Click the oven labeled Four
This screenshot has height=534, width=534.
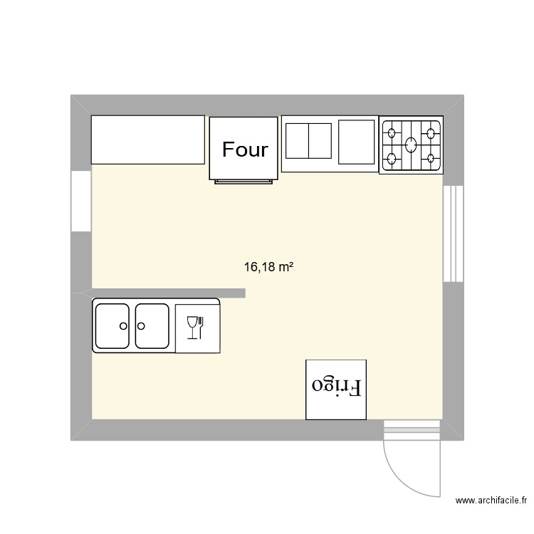click(x=244, y=148)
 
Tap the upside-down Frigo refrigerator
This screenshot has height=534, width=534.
click(x=336, y=389)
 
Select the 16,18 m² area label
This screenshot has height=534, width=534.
click(x=269, y=268)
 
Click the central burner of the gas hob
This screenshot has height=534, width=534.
click(x=411, y=145)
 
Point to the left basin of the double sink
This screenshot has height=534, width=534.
click(x=112, y=326)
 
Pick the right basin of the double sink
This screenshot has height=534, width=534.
click(x=152, y=326)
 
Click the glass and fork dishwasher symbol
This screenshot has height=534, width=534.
click(x=196, y=327)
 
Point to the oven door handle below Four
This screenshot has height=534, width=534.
click(x=244, y=182)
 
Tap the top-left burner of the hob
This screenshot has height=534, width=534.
click(x=391, y=131)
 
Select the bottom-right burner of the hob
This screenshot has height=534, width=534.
click(x=431, y=158)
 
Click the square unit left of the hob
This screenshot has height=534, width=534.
click(x=356, y=142)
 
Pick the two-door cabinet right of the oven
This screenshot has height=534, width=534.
click(x=309, y=141)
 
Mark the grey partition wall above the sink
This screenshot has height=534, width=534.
click(x=164, y=293)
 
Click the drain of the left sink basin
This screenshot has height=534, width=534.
click(x=123, y=326)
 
